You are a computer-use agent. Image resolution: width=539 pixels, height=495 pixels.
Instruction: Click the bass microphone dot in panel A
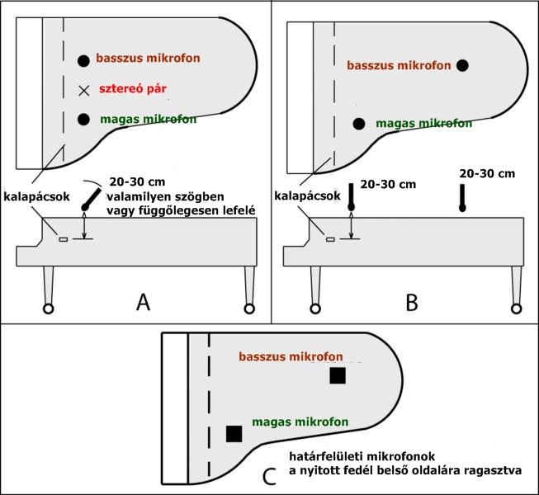coord(83,60)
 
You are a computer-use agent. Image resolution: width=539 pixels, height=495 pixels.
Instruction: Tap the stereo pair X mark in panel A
coord(83,90)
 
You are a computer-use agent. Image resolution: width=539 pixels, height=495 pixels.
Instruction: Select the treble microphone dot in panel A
coord(83,120)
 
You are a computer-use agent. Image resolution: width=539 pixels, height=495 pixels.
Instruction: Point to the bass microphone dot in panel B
coord(462,65)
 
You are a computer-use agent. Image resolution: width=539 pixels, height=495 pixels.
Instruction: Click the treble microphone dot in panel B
coord(358,124)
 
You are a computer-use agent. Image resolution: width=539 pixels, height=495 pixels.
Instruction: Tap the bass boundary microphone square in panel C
coord(337,375)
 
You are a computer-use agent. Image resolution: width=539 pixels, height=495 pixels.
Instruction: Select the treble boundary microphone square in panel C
coord(234,433)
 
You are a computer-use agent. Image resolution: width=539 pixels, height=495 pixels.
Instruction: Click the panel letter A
coord(143,302)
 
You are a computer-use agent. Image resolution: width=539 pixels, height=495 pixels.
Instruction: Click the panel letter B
coord(412,302)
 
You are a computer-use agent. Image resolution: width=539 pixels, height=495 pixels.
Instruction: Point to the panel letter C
coord(268,476)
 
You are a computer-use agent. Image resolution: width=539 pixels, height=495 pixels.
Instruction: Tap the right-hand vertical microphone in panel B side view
coord(463,198)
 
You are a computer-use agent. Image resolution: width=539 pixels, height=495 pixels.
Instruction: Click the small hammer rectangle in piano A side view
coord(62,239)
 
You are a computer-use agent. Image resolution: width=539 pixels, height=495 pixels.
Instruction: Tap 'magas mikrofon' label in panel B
coord(423,123)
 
